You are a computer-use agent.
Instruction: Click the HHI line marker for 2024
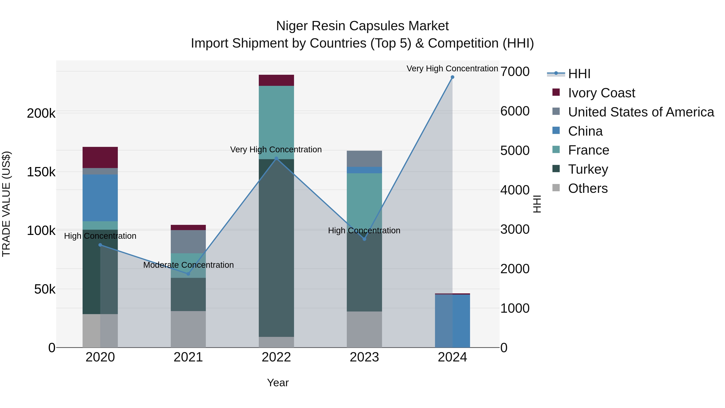452,77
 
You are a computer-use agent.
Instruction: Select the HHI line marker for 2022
276,159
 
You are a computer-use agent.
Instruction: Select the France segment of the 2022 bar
276,123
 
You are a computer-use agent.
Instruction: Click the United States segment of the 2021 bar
188,242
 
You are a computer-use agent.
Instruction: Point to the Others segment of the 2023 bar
364,329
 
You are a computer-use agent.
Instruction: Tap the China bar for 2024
452,321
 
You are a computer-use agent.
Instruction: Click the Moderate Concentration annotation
188,265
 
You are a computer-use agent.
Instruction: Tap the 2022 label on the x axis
276,357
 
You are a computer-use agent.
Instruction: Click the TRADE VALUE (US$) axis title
6,204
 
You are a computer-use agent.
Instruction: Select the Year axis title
278,383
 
